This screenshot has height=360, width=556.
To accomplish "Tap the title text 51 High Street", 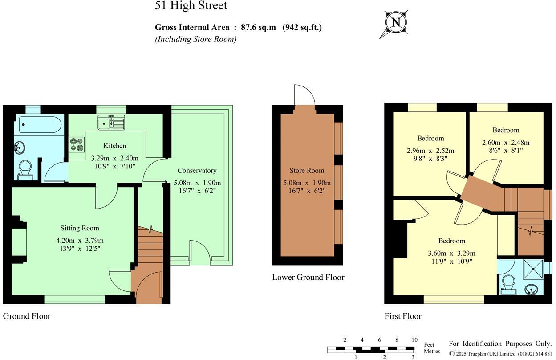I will click(191, 6).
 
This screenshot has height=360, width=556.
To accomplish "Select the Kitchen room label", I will click(114, 146).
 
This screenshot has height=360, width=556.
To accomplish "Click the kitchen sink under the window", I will click(112, 122).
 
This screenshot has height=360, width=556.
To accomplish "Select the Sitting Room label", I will click(80, 228).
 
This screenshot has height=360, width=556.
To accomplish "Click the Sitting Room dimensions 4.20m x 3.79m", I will click(80, 241).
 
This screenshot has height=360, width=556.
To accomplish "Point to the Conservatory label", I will click(197, 171).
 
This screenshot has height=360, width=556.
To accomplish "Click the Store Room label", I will click(307, 171).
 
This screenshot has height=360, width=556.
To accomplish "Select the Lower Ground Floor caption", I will click(308, 278).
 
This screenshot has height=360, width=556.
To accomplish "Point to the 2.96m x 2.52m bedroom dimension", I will click(430, 151).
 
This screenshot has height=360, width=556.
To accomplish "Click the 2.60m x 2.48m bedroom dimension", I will click(506, 143).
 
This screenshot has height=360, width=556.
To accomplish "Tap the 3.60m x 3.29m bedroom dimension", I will click(451, 254).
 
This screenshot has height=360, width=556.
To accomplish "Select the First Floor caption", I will click(403, 316).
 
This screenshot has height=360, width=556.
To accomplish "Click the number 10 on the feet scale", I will click(414, 340).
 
